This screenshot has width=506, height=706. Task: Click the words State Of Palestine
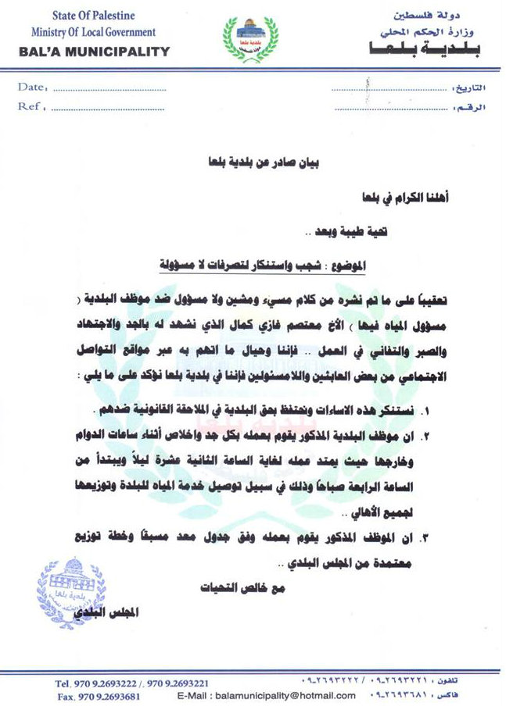tap(93, 16)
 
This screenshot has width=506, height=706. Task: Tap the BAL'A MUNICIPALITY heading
tap(93, 52)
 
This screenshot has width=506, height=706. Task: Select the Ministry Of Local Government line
tap(93, 32)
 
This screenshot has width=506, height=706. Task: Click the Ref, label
tap(31, 105)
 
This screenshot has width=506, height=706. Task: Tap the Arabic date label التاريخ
tap(468, 88)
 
